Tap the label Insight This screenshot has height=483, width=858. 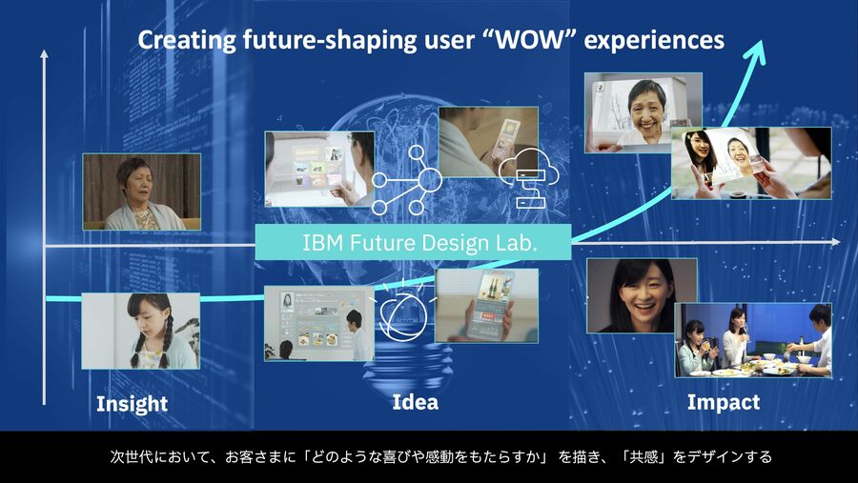[132, 404]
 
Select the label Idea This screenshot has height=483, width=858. [416, 402]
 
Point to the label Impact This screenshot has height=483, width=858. [724, 403]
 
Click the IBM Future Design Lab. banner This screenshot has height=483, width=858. [413, 242]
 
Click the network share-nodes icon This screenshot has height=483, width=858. [406, 180]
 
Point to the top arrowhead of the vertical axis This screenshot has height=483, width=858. [44, 54]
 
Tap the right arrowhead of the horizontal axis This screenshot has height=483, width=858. [835, 242]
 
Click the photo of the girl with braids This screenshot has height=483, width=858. [141, 331]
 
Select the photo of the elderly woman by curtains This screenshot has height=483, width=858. [142, 191]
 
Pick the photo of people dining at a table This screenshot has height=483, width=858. [753, 340]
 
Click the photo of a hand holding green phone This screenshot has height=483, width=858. [486, 305]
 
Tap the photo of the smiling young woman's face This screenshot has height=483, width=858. [642, 295]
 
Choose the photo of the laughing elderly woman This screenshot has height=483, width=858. [643, 112]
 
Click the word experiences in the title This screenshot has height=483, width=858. [654, 40]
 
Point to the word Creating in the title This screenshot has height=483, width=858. [187, 40]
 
